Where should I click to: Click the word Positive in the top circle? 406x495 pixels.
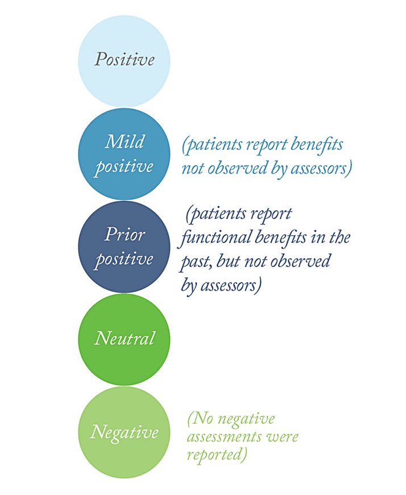click(125, 59)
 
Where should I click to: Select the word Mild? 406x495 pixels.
click(125, 141)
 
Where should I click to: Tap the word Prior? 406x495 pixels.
click(125, 234)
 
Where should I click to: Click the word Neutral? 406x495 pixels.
click(125, 338)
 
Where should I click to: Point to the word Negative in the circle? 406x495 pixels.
click(124, 432)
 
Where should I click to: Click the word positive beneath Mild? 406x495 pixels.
click(125, 167)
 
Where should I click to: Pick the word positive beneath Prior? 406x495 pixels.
click(125, 260)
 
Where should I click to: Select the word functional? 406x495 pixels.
click(217, 238)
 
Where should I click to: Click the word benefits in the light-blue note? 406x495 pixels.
click(317, 145)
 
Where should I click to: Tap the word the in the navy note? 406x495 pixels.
click(339, 238)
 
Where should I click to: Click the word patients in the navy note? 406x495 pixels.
click(219, 215)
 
